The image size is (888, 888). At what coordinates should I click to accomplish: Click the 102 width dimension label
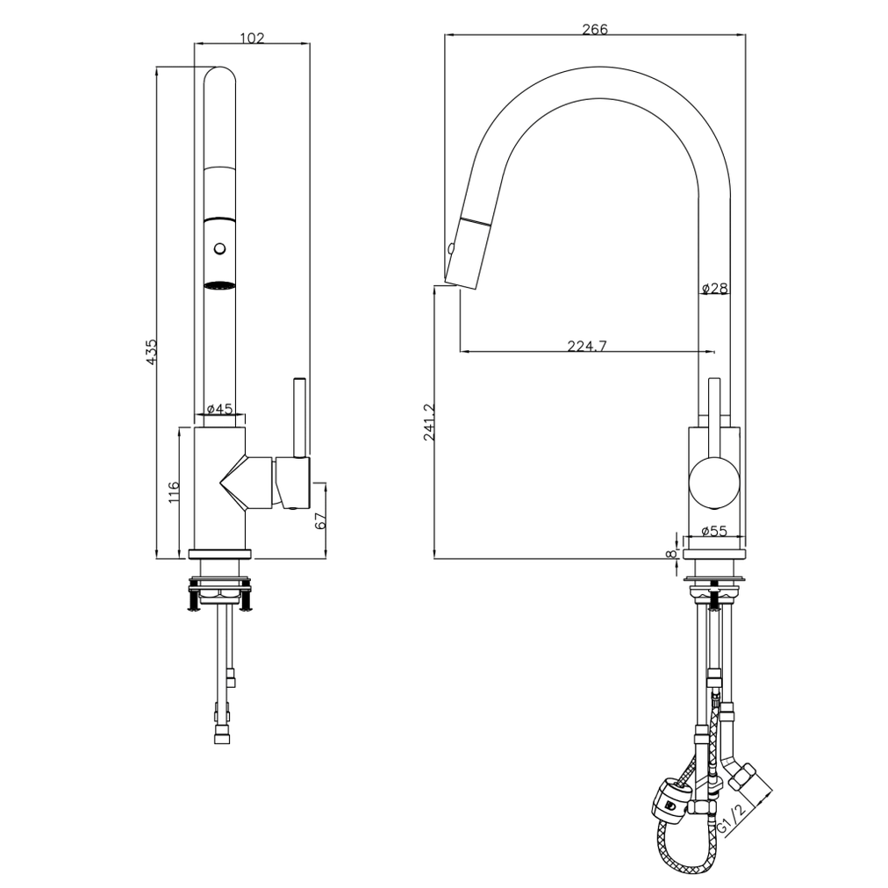click(x=251, y=38)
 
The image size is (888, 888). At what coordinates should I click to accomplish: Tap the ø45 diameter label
click(x=219, y=409)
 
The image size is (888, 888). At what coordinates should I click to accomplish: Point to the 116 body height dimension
click(x=173, y=491)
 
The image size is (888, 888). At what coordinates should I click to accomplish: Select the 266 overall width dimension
click(x=594, y=29)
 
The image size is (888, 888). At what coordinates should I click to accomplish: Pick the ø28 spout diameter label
click(x=714, y=288)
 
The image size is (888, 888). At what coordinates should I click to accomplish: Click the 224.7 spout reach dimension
click(x=587, y=346)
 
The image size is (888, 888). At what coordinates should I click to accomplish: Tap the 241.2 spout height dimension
click(x=429, y=422)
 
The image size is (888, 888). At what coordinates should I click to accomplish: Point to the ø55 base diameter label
click(x=715, y=530)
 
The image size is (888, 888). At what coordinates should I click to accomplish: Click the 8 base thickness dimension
click(x=671, y=553)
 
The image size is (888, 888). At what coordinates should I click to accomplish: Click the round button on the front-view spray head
click(x=219, y=249)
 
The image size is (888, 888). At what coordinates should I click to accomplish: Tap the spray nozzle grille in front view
click(x=219, y=285)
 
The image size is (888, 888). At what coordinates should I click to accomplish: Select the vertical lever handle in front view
click(x=299, y=417)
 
